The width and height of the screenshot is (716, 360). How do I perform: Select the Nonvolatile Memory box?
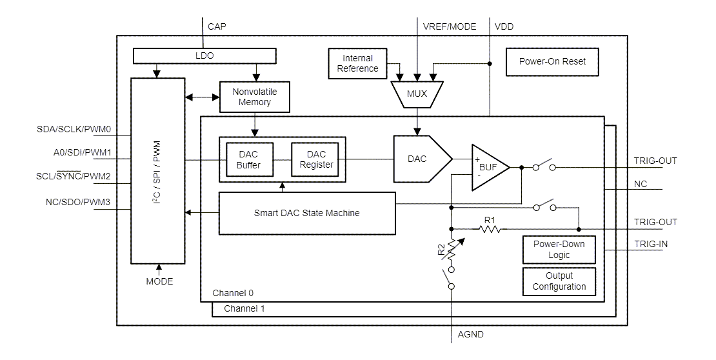[x=254, y=96]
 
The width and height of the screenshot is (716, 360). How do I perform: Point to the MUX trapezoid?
[x=417, y=94]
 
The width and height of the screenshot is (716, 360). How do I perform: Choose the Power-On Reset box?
[x=552, y=62]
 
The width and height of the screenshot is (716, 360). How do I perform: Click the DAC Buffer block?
[x=248, y=159]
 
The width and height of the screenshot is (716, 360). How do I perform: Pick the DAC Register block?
[x=316, y=159]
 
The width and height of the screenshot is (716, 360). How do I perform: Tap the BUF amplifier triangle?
[x=488, y=167]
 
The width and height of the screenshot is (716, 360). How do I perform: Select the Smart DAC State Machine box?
[x=306, y=213]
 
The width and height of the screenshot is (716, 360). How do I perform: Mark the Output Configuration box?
[x=558, y=281]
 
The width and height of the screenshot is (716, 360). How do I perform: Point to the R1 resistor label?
[x=490, y=221]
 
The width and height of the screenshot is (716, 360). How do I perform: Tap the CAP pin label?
[x=217, y=26]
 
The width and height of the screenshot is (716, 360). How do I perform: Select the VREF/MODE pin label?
[x=449, y=26]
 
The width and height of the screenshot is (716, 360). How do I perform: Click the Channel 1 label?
[x=243, y=309]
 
